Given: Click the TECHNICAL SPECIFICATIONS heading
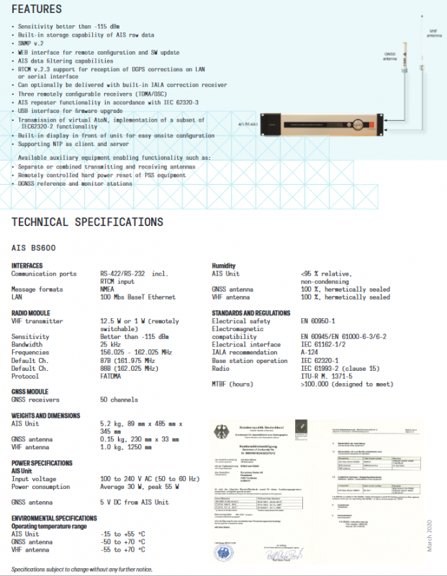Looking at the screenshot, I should point(87,222).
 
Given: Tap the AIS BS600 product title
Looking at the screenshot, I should point(34,248).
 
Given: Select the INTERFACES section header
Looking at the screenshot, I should point(27,266).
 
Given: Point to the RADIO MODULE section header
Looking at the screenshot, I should point(31,313).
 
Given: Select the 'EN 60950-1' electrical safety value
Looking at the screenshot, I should point(319,321).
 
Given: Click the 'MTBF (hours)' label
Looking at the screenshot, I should point(232,384).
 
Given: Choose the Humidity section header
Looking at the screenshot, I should point(224,266).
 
